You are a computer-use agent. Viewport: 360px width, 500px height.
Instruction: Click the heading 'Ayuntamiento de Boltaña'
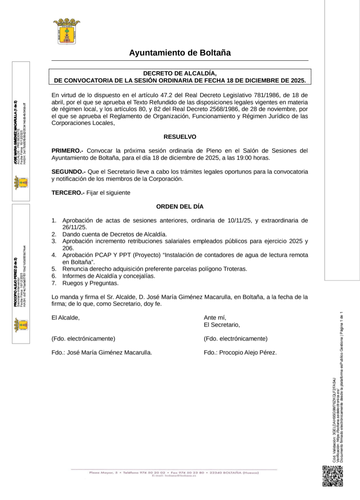click(180, 53)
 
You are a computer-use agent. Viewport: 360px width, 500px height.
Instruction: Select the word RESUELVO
click(180, 137)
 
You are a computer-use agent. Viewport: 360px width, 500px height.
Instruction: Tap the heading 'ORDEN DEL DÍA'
click(180, 206)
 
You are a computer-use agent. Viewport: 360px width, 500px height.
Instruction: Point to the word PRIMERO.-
click(67, 151)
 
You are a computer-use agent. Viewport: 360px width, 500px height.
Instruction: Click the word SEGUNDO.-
click(68, 172)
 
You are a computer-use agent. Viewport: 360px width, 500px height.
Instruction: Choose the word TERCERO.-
click(68, 193)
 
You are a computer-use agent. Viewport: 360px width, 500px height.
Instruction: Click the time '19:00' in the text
click(244, 158)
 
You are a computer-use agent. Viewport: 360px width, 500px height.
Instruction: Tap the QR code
click(333, 476)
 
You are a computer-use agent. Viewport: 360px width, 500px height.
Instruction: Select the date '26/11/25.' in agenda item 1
click(75, 227)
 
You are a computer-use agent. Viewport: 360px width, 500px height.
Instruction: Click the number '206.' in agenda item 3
click(68, 248)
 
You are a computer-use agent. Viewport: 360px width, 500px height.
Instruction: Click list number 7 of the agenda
click(54, 283)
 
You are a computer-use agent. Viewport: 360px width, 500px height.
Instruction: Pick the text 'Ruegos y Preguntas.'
click(90, 283)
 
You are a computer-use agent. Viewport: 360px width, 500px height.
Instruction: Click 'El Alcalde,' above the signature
click(66, 318)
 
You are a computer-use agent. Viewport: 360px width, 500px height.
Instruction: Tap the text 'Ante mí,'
click(215, 318)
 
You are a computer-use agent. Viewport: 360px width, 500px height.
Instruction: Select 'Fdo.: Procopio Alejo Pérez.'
click(240, 353)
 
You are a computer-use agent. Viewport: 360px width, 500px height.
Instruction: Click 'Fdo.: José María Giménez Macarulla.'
click(102, 353)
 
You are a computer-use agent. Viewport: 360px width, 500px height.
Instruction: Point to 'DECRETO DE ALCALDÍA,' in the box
click(180, 74)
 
